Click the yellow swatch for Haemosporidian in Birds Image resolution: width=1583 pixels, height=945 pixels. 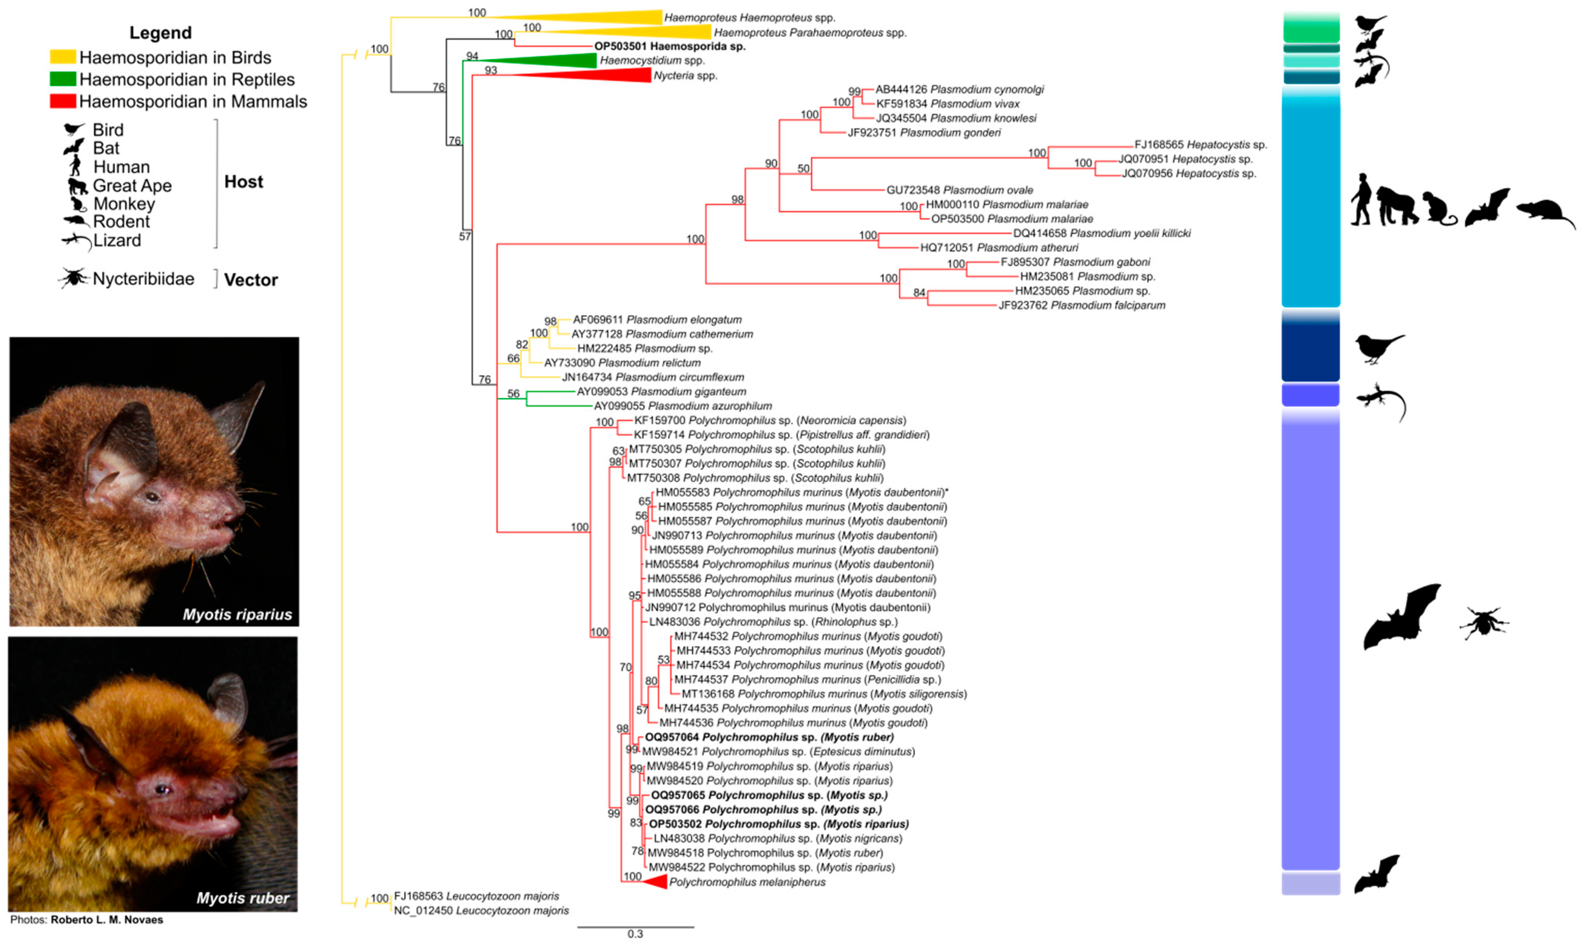click(63, 57)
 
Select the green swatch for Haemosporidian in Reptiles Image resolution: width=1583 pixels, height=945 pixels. click(63, 79)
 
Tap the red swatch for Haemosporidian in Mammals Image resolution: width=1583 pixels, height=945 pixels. click(63, 101)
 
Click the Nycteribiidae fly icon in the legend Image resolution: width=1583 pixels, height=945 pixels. click(74, 278)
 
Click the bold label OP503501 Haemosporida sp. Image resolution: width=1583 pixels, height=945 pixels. click(669, 47)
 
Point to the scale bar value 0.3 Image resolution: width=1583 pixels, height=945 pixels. click(635, 934)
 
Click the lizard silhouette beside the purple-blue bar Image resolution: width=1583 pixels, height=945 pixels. click(1380, 401)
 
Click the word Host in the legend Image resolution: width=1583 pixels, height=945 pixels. click(243, 182)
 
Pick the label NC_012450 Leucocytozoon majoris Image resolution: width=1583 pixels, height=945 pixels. click(481, 910)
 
